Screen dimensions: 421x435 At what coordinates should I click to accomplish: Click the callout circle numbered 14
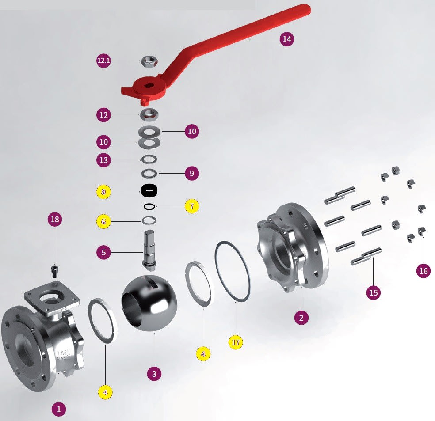287,39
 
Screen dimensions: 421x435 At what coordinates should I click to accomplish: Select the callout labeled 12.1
103,61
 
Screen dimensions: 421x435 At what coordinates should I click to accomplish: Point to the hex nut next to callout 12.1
147,61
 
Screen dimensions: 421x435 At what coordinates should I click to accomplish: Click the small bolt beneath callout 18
55,269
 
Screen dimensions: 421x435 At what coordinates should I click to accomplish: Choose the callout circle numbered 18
55,220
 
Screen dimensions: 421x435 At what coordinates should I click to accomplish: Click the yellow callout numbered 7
192,206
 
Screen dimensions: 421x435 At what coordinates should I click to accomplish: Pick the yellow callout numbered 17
236,341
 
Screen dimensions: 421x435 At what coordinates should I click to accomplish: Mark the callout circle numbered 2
301,317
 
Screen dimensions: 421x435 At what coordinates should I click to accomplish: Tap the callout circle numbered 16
424,271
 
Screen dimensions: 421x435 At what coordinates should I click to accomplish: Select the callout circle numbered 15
374,292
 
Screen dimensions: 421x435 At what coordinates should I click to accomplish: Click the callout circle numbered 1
58,409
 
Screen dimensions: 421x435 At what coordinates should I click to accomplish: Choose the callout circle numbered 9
191,173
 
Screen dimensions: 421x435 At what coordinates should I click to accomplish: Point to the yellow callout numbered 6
103,221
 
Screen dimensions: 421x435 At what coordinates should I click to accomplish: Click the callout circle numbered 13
103,160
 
